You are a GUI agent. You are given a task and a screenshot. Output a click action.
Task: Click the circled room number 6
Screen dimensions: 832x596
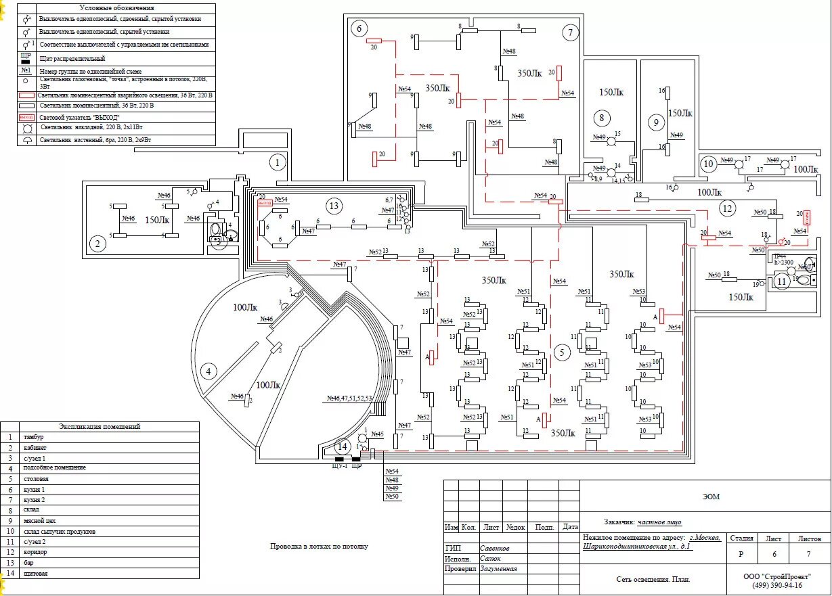tap(359, 28)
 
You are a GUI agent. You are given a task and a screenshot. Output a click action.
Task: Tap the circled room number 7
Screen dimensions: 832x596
tap(570, 32)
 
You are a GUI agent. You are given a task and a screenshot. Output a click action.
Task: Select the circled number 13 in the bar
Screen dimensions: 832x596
tap(333, 206)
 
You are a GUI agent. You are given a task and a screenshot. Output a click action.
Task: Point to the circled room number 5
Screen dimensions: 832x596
tap(561, 352)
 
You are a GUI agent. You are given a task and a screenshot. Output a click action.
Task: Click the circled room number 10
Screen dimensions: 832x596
tap(708, 164)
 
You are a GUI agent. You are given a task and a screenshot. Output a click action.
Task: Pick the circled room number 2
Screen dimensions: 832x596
tap(99, 244)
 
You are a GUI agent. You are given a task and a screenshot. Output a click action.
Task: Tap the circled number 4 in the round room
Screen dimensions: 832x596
tap(209, 371)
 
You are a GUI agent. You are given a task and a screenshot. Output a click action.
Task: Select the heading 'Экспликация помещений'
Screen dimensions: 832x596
tap(100, 427)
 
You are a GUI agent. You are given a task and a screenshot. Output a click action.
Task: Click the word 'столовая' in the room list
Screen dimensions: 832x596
tap(37, 480)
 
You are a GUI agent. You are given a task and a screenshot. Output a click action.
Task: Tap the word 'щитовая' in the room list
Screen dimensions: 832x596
tap(35, 574)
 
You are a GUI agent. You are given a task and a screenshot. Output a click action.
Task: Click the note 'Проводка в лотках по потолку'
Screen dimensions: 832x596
tap(319, 546)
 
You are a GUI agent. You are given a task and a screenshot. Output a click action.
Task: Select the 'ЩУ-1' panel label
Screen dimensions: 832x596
tap(339, 466)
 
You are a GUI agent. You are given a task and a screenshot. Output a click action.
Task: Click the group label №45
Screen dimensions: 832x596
tap(377, 434)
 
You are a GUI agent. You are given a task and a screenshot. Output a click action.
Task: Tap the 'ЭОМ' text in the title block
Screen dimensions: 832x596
tap(711, 497)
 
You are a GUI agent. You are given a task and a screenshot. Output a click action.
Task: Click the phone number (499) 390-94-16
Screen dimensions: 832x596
tap(777, 585)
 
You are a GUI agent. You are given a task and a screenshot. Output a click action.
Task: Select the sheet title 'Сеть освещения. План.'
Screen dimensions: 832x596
tap(653, 579)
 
